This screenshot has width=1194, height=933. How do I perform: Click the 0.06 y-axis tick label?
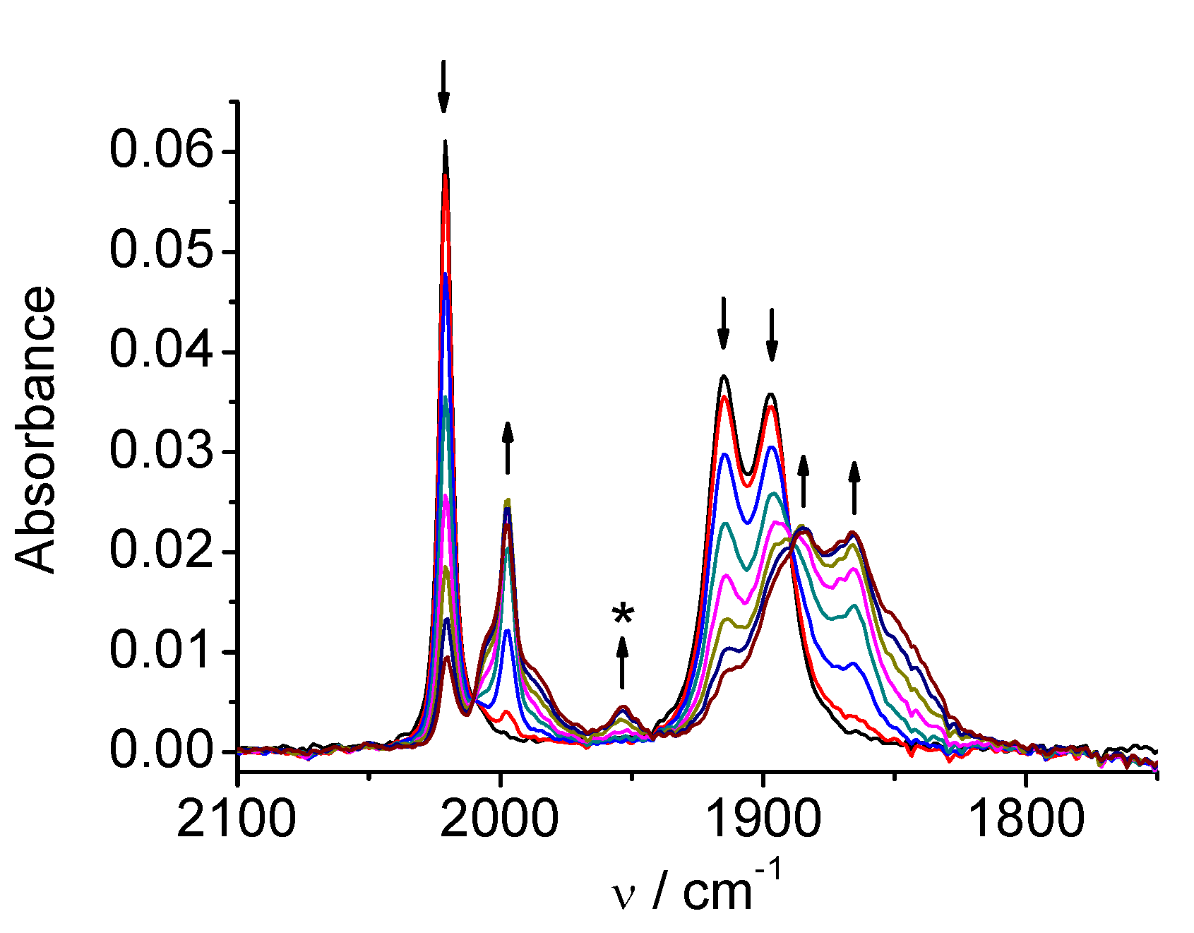[161, 152]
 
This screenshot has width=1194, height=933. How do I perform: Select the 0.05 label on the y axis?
[161, 252]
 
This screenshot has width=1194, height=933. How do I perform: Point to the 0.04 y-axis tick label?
[161, 352]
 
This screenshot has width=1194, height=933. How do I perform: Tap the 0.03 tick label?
[161, 452]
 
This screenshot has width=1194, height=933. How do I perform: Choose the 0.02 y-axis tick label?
[161, 552]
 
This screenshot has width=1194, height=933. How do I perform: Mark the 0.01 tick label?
[161, 652]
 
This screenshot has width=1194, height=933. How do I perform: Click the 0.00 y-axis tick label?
[161, 751]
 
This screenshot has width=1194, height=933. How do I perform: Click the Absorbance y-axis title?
[35, 429]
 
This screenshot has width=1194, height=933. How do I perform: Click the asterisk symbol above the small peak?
[623, 616]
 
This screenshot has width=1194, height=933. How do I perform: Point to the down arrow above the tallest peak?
[443, 86]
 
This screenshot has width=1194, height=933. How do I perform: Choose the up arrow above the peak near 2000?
[507, 448]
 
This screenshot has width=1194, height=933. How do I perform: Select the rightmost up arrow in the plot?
[854, 487]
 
